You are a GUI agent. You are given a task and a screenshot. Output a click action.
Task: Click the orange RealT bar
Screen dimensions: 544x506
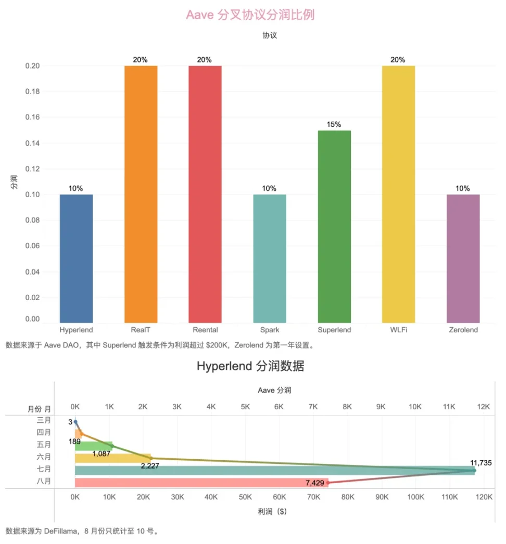click(141, 193)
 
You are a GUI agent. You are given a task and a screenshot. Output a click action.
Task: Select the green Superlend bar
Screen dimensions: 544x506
click(334, 226)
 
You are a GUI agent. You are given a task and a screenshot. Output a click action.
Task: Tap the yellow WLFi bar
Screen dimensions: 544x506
click(398, 193)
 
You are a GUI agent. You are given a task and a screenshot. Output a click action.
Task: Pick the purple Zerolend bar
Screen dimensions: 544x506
click(463, 258)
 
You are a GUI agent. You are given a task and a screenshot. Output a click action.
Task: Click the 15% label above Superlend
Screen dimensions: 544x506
click(334, 124)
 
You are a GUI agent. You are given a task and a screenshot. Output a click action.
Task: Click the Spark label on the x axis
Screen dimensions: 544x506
click(270, 330)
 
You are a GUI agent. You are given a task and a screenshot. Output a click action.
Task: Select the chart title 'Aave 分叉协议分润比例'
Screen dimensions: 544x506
click(250, 15)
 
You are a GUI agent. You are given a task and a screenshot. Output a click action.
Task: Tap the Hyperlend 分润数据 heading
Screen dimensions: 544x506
click(250, 366)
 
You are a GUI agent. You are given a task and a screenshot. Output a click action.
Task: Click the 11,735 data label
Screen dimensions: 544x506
click(480, 462)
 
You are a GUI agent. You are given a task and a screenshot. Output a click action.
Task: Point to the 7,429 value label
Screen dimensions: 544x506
click(315, 483)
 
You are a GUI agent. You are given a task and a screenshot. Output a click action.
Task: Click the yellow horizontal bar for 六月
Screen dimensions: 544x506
click(112, 458)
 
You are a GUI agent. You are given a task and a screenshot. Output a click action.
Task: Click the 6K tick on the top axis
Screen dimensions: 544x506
click(279, 407)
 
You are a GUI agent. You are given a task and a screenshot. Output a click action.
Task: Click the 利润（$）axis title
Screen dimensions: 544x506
click(272, 511)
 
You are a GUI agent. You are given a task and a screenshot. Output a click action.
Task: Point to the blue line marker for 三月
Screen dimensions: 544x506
click(75, 422)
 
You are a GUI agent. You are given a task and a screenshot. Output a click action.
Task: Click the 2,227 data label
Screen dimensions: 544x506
click(149, 465)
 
